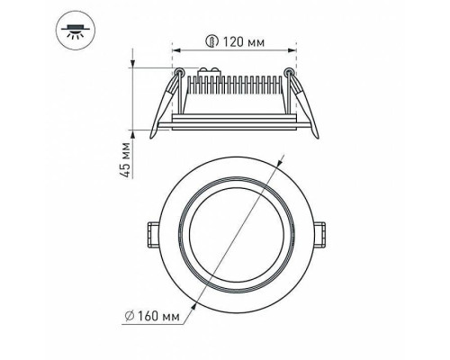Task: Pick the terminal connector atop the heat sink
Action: coord(213,69)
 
